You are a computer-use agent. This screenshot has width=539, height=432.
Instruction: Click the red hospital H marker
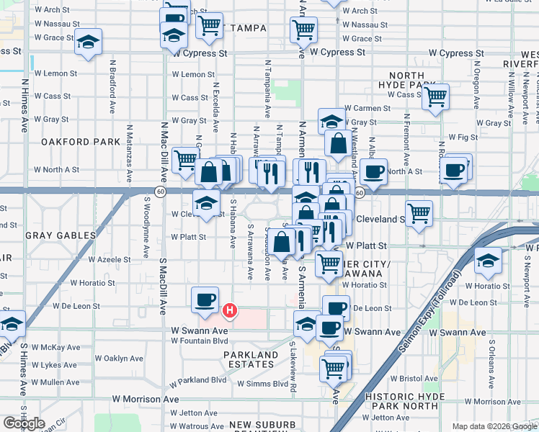229,311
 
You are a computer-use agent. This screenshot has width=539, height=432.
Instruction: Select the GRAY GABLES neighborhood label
61,235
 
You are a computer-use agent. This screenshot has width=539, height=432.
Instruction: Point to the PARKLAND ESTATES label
251,359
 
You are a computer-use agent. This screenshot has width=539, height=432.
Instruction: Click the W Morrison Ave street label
145,399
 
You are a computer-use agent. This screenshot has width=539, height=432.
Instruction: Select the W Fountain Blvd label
200,341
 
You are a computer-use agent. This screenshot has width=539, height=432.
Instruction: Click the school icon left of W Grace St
89,42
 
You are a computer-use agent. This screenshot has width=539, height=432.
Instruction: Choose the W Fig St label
463,136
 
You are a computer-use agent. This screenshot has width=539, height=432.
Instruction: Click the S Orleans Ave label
492,359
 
